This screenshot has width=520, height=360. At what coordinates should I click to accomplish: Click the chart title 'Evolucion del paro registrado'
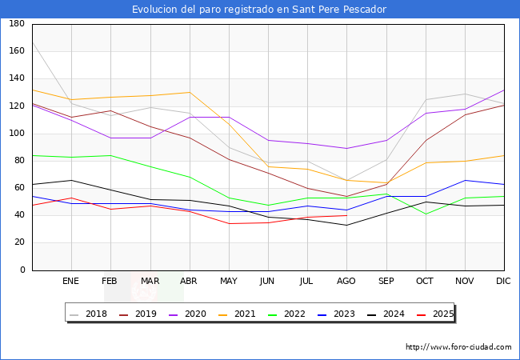point(259,10)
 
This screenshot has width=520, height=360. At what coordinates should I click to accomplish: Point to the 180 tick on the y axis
point(16,24)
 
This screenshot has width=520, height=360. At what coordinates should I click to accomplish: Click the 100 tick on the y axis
point(16,134)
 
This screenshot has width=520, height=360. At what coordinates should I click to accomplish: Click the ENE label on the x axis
point(71,282)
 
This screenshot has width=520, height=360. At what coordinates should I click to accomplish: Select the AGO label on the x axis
point(346,282)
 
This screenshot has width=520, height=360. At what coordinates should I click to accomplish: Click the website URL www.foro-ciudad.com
point(458,347)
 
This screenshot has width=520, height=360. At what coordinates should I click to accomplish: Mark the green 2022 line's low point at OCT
point(426,214)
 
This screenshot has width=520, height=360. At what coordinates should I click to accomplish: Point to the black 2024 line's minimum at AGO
point(346,225)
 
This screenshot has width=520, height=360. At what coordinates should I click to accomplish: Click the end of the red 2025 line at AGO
point(346,215)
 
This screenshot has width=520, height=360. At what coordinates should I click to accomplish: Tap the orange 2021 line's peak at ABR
point(190,92)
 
